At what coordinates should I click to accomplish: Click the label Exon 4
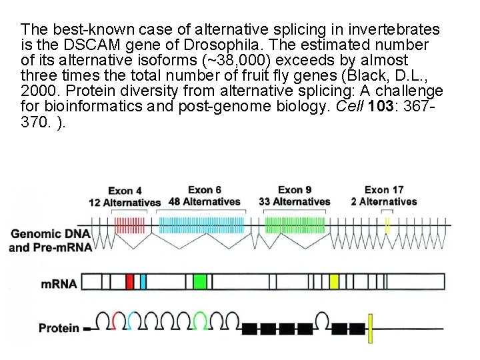click(125, 191)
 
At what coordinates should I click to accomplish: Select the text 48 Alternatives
click(205, 201)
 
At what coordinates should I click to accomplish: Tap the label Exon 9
click(295, 190)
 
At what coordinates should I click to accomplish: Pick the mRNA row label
click(59, 283)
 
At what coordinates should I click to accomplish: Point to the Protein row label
click(59, 327)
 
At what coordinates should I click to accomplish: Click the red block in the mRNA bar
click(130, 282)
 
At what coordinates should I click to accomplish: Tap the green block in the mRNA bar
click(200, 282)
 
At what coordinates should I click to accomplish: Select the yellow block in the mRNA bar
click(335, 282)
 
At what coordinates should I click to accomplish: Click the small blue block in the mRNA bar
click(143, 282)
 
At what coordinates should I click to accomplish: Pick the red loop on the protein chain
click(119, 319)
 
